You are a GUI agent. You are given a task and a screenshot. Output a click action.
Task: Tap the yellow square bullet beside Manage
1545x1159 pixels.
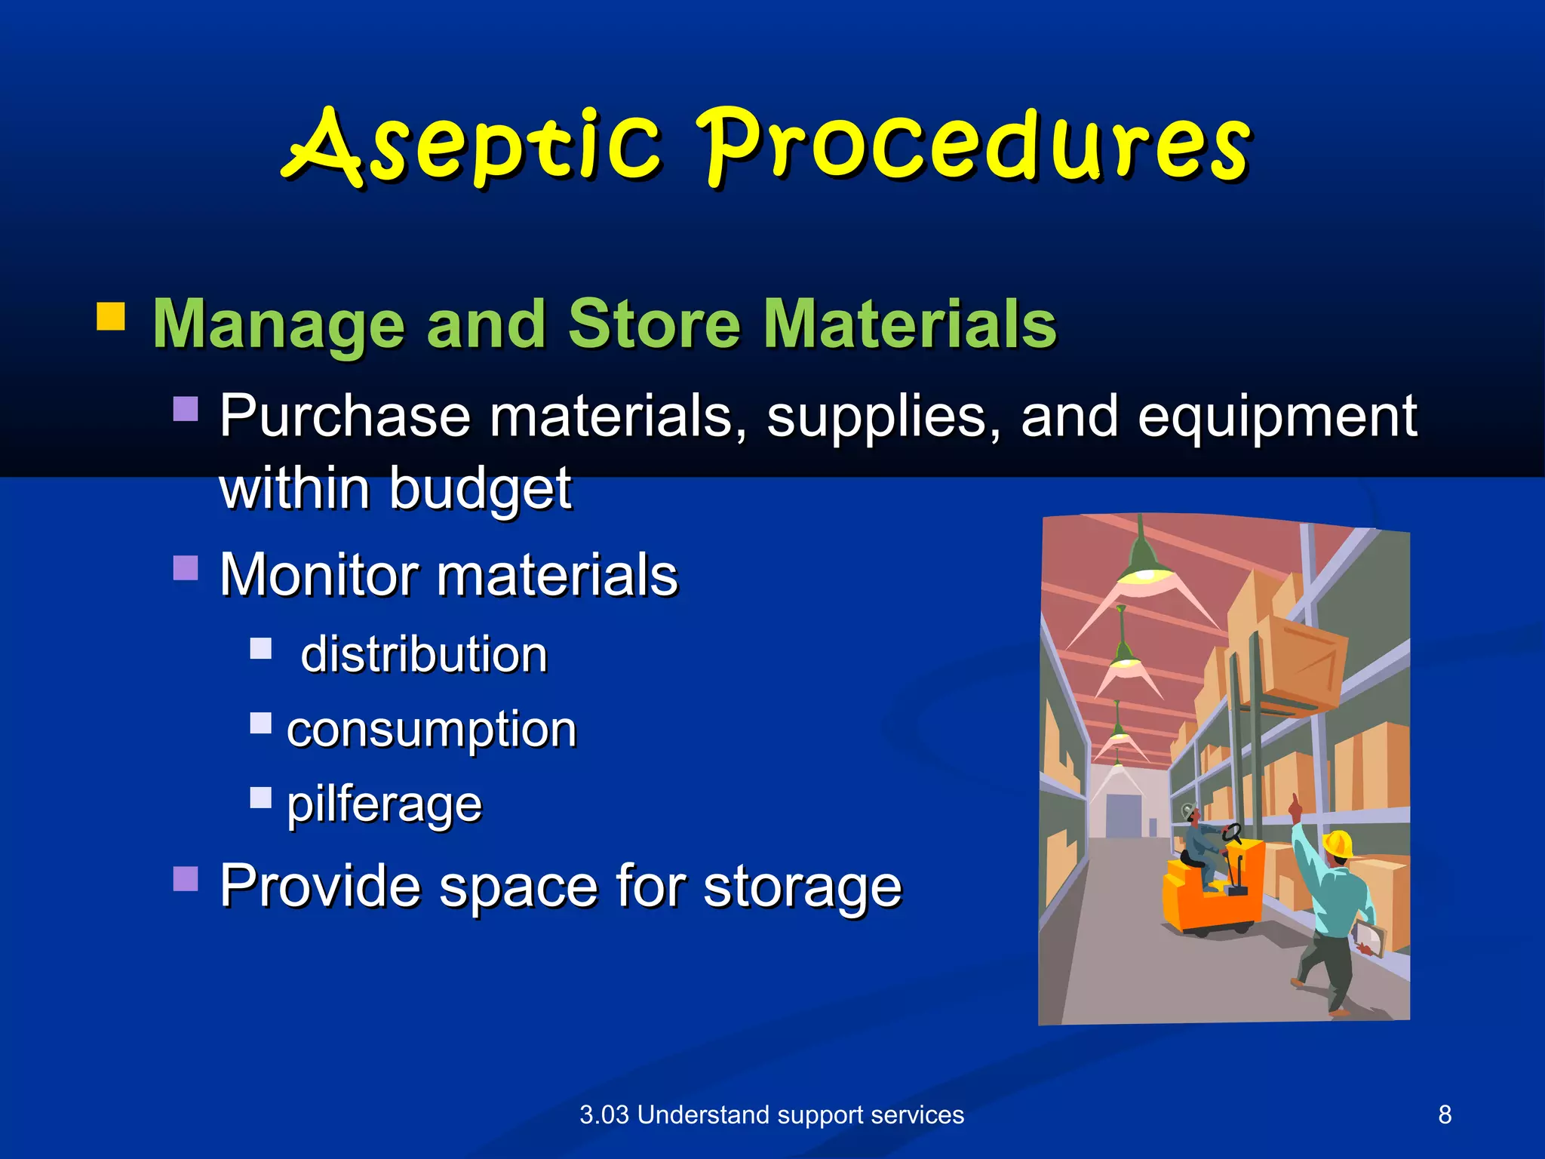tap(111, 317)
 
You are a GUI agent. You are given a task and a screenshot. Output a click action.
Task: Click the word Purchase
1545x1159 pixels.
tap(345, 417)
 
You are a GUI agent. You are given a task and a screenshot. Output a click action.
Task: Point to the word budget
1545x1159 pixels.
tap(480, 489)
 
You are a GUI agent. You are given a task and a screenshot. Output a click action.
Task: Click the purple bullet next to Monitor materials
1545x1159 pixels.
tap(186, 567)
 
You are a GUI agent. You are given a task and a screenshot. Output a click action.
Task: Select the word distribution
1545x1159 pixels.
tap(424, 653)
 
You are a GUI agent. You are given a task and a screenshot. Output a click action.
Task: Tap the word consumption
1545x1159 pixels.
tap(432, 730)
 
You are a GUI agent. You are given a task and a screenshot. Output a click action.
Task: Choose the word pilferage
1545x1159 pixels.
tap(384, 804)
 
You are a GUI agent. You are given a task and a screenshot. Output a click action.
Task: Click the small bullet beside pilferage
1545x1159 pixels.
tap(261, 798)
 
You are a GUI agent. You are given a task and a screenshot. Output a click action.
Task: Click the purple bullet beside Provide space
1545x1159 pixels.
tap(186, 878)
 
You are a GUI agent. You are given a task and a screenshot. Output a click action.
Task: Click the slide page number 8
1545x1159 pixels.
tap(1445, 1114)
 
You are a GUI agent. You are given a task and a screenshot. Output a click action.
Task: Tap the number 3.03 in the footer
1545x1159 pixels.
tap(604, 1114)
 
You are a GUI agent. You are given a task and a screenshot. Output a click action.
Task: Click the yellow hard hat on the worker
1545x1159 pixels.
tap(1338, 844)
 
